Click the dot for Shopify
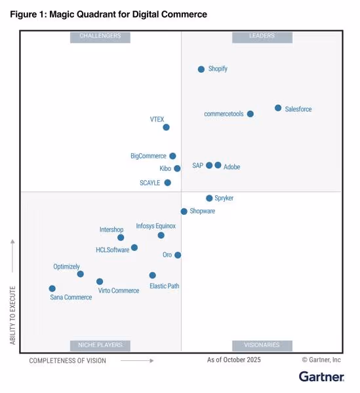201,69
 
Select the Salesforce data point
278,108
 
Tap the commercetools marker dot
250,114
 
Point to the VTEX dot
166,127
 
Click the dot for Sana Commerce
52,288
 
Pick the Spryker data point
209,198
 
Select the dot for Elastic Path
152,275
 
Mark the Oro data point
178,255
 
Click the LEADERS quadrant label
262,37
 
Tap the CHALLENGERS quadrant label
100,37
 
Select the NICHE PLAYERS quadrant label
100,345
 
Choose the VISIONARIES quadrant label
262,345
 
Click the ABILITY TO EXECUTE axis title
12,314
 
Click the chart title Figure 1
108,14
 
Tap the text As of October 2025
233,360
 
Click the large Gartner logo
321,377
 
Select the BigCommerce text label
148,156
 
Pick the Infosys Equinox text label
155,226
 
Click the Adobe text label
231,167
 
